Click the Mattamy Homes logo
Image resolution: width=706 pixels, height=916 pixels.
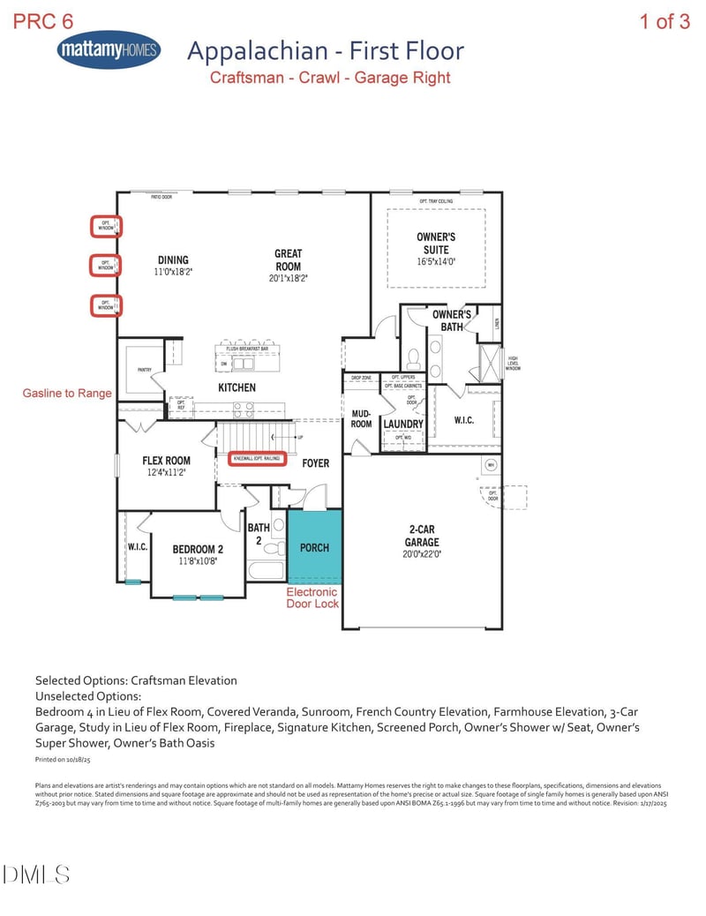click(x=109, y=51)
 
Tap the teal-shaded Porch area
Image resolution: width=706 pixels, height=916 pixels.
click(x=314, y=547)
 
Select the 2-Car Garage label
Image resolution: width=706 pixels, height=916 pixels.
click(x=422, y=536)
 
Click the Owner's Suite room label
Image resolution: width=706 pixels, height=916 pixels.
click(x=437, y=243)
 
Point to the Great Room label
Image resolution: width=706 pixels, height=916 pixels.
click(x=288, y=259)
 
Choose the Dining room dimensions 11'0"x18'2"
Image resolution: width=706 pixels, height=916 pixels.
click(x=173, y=273)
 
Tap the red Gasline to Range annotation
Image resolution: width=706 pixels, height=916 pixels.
click(x=67, y=393)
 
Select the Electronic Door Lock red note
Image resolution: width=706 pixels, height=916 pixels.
click(x=312, y=597)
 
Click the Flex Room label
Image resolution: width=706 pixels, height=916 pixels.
click(x=166, y=460)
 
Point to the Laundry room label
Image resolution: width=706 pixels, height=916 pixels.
click(x=403, y=424)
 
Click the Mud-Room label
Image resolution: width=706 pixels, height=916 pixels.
click(x=361, y=417)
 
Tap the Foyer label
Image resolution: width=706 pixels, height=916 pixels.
click(x=315, y=462)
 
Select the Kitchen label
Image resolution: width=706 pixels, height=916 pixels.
click(x=237, y=387)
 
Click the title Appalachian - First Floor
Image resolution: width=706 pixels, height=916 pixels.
click(x=325, y=51)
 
